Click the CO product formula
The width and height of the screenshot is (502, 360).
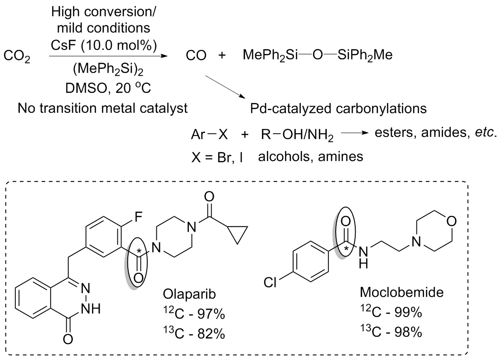tap(197, 57)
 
